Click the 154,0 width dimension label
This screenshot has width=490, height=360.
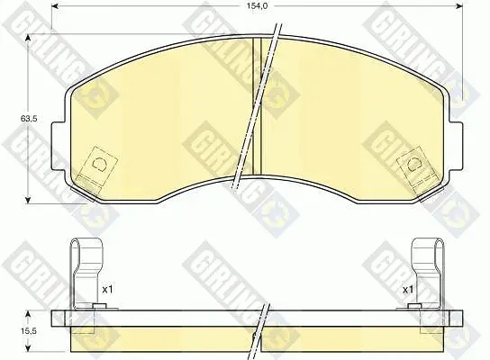(x=255, y=5)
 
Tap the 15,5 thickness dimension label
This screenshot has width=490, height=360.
(x=29, y=331)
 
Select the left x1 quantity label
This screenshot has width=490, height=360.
(x=107, y=290)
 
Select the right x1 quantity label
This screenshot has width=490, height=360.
(x=408, y=290)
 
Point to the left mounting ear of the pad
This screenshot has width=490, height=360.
(x=59, y=146)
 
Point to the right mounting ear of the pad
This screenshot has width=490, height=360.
(x=456, y=146)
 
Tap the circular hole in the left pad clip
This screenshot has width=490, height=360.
(x=100, y=164)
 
